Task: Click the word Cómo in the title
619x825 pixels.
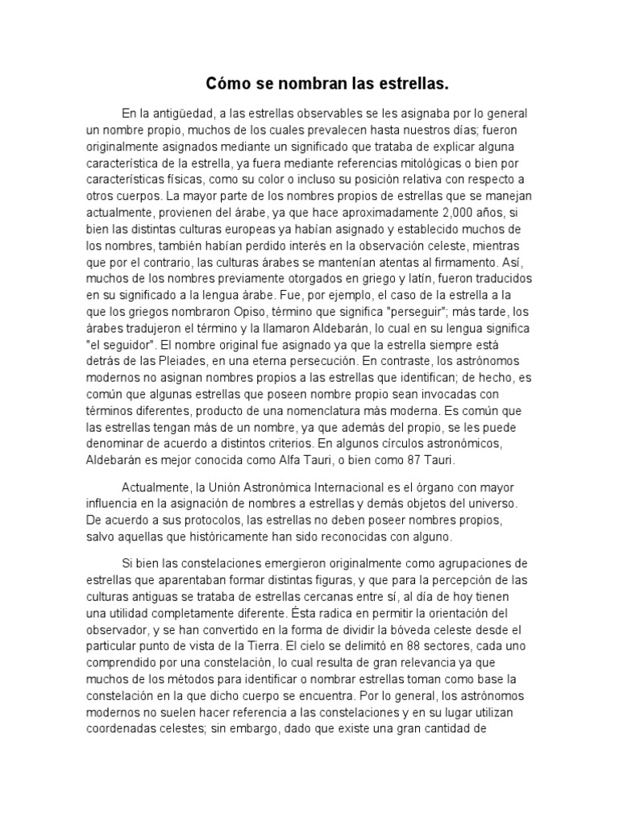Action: [224, 83]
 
